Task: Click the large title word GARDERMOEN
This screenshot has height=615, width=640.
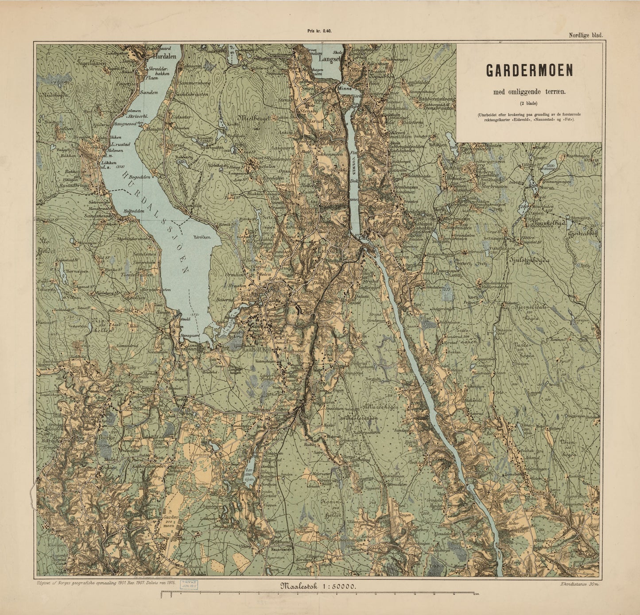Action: tap(529, 70)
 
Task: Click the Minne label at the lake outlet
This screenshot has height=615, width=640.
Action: tap(344, 88)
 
